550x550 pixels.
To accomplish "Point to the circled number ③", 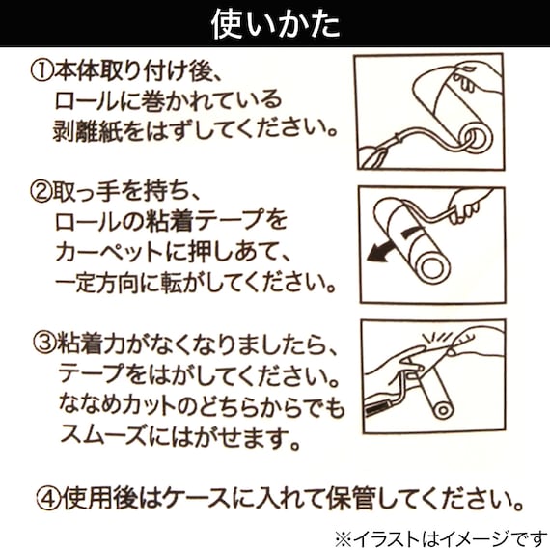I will pyautogui.click(x=41, y=344).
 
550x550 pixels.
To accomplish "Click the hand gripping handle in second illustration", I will pyautogui.click(x=472, y=206).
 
